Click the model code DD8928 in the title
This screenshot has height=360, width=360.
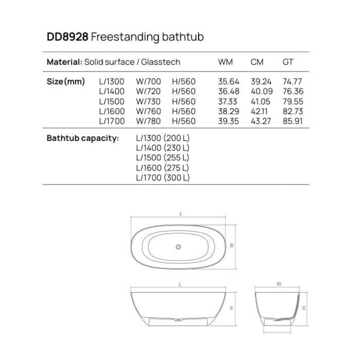coord(68,37)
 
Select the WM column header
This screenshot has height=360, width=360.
coord(226,62)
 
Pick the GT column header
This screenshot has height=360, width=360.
coord(288,62)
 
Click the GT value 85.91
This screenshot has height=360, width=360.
coord(292,120)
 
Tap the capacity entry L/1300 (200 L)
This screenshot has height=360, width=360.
coord(163,139)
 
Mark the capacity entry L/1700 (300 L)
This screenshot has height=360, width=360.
coord(163,178)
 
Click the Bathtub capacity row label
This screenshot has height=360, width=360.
coord(82,139)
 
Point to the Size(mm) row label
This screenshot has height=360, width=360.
coord(65,82)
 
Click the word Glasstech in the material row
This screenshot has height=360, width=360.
coord(161,62)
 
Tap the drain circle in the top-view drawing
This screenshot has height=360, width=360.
coord(178,246)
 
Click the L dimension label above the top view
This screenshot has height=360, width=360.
coord(181,213)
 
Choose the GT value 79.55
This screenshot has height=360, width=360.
coord(292,101)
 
